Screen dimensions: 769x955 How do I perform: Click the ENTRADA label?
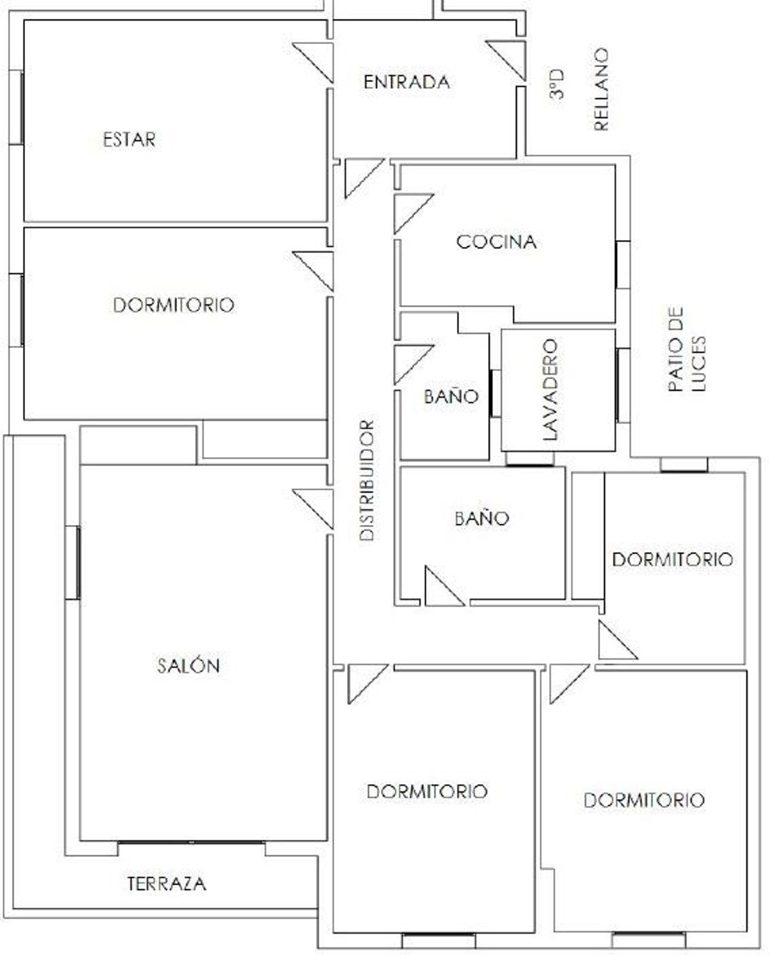coord(407,82)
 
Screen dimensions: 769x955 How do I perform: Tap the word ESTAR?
coord(129,140)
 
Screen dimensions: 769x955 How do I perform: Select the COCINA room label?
coord(496,242)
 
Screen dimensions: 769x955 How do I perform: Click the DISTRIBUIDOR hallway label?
coord(367,480)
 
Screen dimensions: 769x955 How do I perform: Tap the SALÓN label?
coord(188,665)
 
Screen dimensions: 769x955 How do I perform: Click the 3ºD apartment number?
coord(556,84)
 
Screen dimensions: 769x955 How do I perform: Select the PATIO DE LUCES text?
coord(687,349)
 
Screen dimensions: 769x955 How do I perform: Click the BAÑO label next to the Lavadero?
coord(451,396)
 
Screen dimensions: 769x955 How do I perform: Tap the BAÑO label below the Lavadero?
coord(482,518)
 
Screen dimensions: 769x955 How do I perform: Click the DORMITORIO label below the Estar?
coord(173,305)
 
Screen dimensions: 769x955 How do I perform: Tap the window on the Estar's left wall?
coord(16,108)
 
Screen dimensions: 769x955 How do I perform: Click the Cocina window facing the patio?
coord(623,265)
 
